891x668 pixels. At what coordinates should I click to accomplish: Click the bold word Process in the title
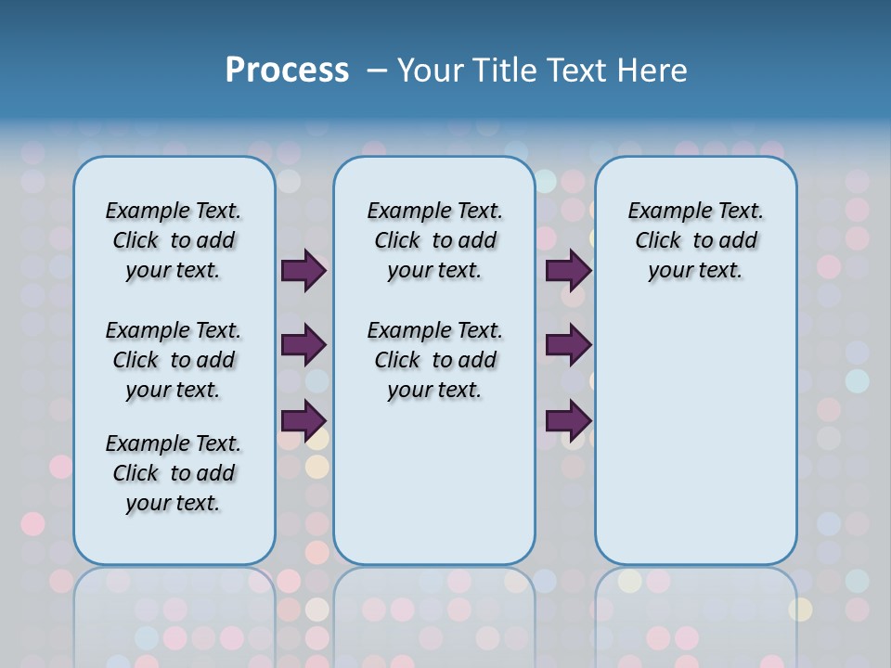(287, 70)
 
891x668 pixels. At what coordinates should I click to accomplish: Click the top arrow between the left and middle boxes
(303, 271)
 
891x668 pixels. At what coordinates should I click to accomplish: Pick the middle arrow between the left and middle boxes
(303, 345)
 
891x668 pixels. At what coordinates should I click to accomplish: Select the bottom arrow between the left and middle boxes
(303, 420)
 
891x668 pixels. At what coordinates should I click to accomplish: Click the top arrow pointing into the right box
(568, 271)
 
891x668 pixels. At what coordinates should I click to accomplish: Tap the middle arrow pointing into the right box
(568, 345)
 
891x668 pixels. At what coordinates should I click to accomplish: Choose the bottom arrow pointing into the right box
(568, 420)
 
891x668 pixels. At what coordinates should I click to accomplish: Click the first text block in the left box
(174, 240)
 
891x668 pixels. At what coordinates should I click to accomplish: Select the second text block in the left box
(174, 360)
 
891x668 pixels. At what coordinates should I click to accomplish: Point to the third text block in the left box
(174, 473)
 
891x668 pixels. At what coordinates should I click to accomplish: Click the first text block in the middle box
(434, 240)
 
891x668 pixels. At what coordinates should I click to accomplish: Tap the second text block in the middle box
(434, 360)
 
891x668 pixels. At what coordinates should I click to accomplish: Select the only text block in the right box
(695, 240)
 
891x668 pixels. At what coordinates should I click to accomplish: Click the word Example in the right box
(663, 212)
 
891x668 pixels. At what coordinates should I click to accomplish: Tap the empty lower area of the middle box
(434, 482)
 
